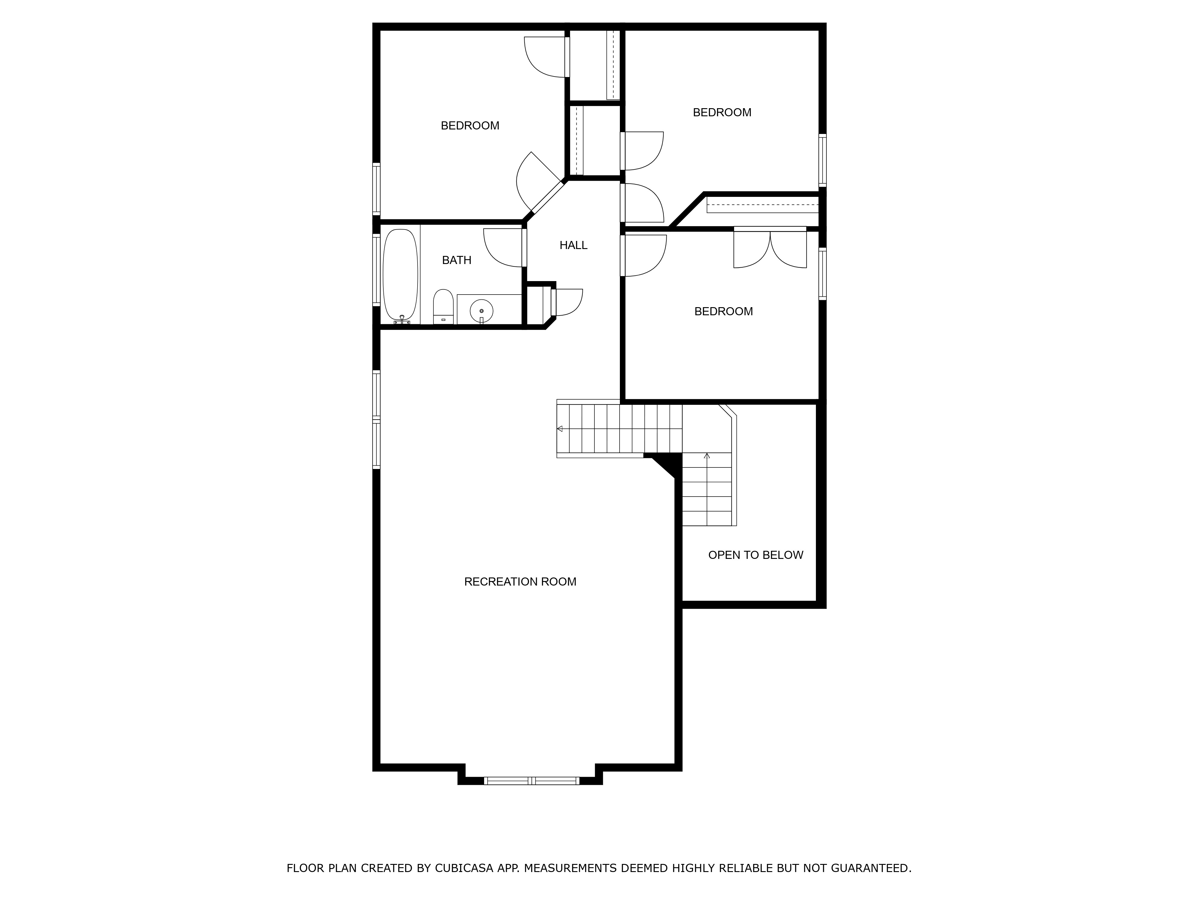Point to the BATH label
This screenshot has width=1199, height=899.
[x=457, y=260]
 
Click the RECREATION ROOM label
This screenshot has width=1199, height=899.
[x=520, y=581]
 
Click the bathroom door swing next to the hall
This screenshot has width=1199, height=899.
[x=504, y=248]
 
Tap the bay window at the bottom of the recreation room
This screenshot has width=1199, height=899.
[x=531, y=780]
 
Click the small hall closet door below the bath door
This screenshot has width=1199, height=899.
[x=567, y=302]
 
